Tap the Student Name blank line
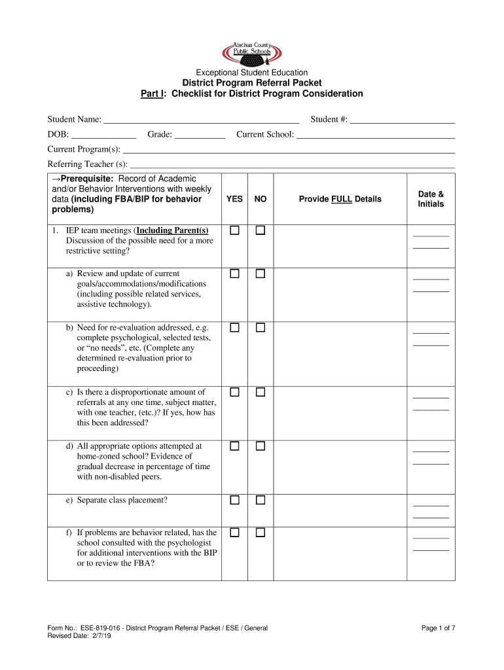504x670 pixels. pyautogui.click(x=202, y=119)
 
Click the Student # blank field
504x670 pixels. pyautogui.click(x=403, y=119)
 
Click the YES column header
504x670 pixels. pyautogui.click(x=234, y=199)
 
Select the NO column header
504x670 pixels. pyautogui.click(x=261, y=199)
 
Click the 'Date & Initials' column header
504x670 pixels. pyautogui.click(x=431, y=199)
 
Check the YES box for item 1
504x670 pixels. pyautogui.click(x=234, y=230)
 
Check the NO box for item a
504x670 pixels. pyautogui.click(x=261, y=273)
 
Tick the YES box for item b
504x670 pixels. pyautogui.click(x=234, y=327)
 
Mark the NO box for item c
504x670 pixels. pyautogui.click(x=261, y=392)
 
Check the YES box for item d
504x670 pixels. pyautogui.click(x=234, y=446)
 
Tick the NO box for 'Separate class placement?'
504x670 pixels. pyautogui.click(x=261, y=500)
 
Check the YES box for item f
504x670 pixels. pyautogui.click(x=234, y=533)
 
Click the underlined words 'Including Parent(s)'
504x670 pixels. pyautogui.click(x=172, y=230)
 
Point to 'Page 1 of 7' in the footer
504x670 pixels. pyautogui.click(x=438, y=629)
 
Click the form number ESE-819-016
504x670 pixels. pyautogui.click(x=98, y=629)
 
